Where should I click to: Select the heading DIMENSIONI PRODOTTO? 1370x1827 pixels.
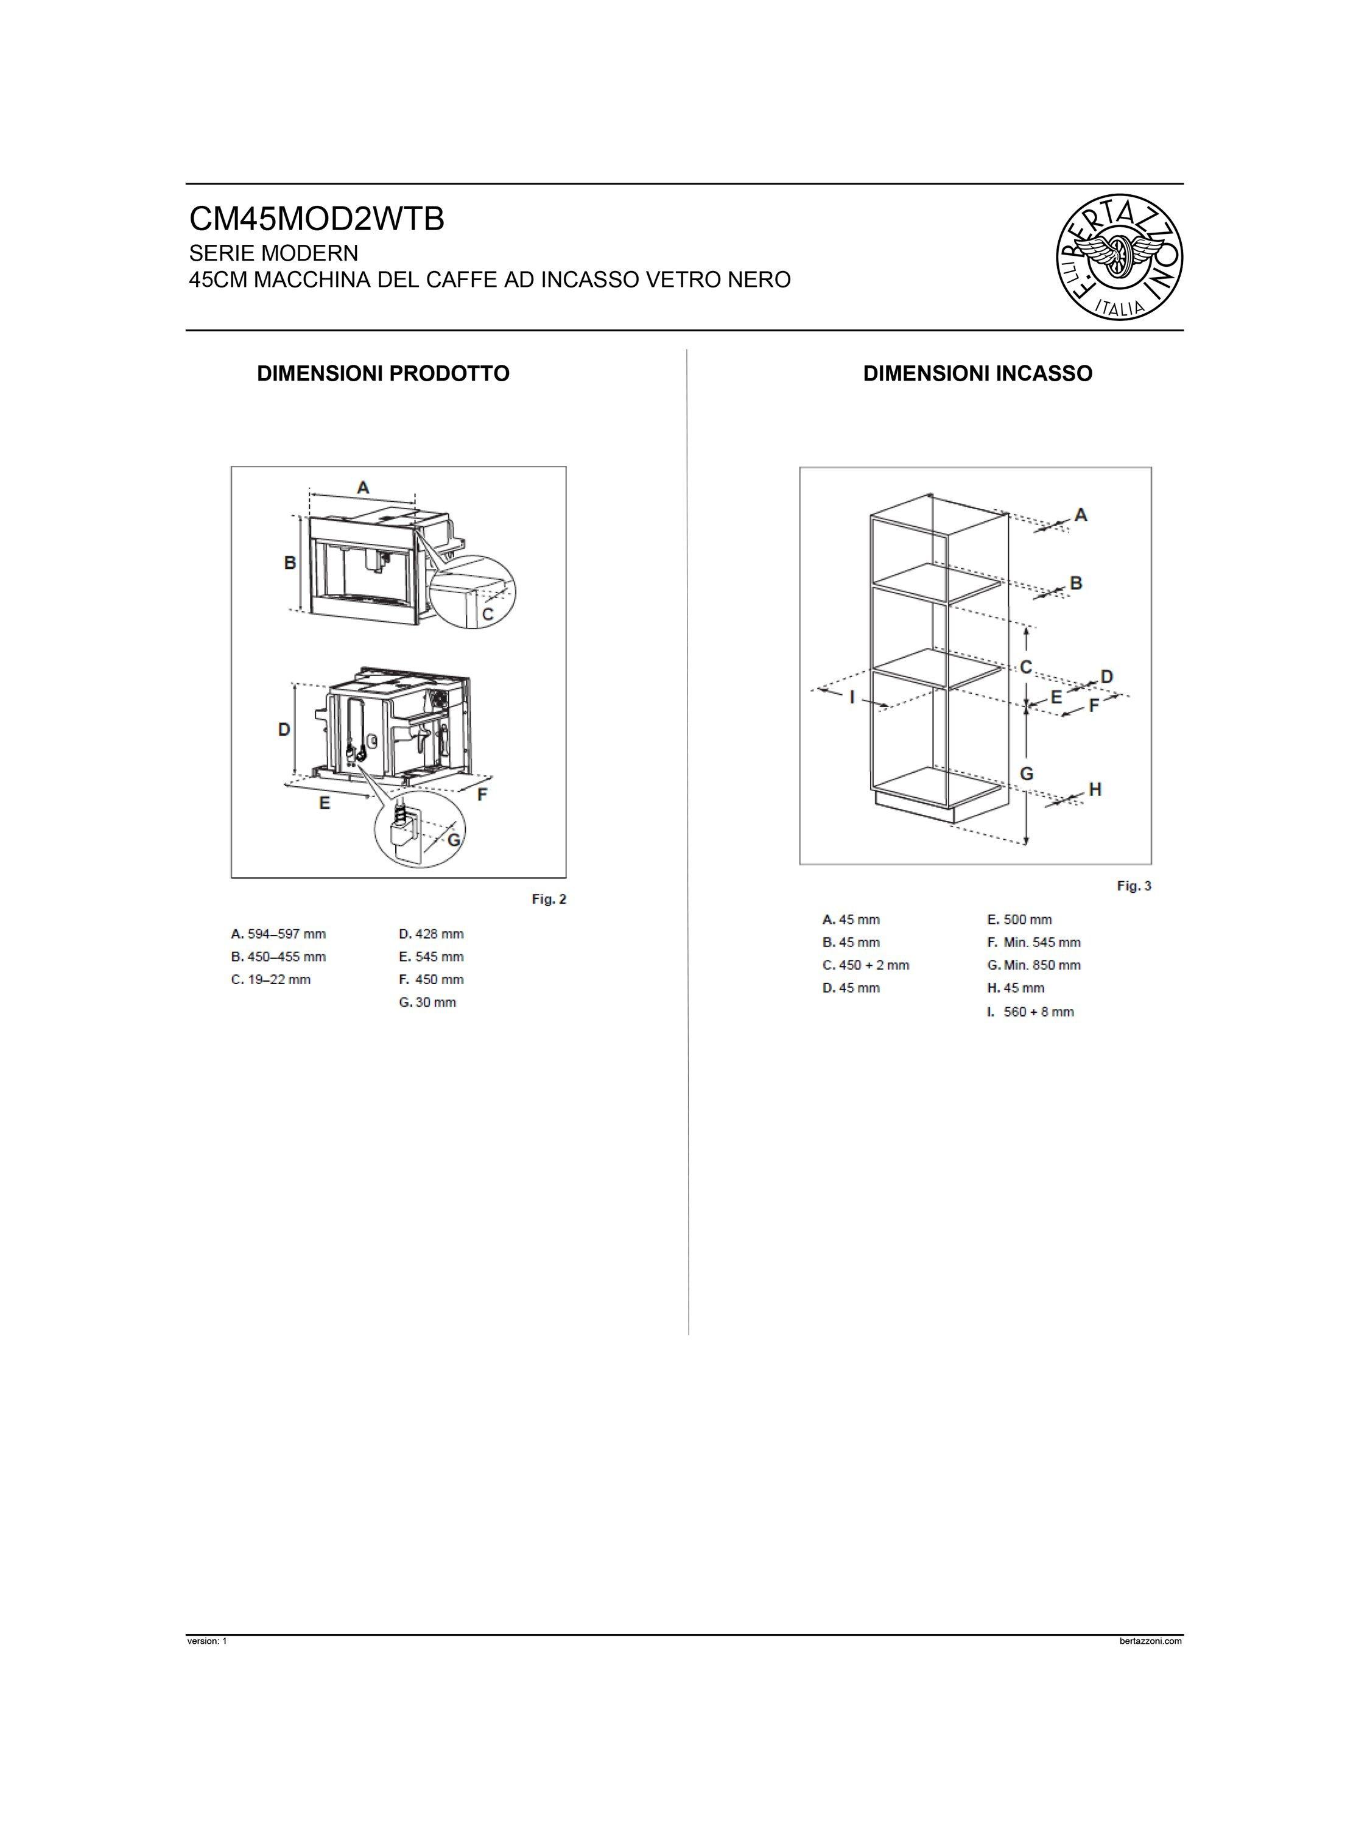383,373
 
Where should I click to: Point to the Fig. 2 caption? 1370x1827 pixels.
549,899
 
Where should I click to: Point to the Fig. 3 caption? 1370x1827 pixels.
1133,885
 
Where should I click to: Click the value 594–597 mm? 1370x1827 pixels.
286,934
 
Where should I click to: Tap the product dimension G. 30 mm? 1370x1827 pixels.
427,1002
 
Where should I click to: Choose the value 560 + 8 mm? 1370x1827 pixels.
1038,1012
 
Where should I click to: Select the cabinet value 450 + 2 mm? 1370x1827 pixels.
874,965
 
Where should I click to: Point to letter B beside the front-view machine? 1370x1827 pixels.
290,563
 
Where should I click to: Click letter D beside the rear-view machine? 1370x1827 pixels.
283,730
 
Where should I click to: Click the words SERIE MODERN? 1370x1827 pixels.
273,252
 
